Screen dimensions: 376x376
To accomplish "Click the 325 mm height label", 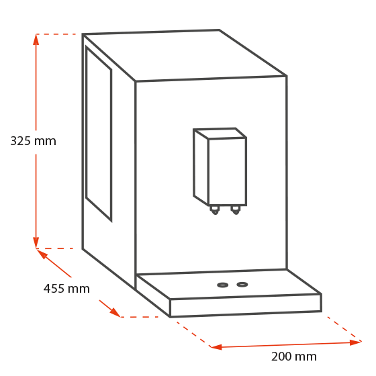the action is click(x=33, y=141).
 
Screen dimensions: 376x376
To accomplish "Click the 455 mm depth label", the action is click(x=66, y=289).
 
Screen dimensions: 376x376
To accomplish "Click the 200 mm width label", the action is click(x=294, y=357).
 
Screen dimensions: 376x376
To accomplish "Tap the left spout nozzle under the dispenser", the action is click(x=215, y=210).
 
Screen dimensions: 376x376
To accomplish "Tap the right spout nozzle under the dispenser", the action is click(x=236, y=210).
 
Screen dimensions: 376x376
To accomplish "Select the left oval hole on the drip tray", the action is click(x=222, y=285).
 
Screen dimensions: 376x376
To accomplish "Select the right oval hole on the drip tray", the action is click(x=242, y=285).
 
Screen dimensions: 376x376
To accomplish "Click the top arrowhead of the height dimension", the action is click(x=36, y=40).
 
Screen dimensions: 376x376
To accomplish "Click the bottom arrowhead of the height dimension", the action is click(x=36, y=243).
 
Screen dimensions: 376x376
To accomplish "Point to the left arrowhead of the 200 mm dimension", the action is click(x=216, y=346).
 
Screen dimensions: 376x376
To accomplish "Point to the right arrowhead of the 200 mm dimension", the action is click(x=355, y=342).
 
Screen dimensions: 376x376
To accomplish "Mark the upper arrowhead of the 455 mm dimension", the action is click(x=41, y=254).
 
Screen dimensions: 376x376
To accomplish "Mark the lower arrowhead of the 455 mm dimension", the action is click(x=115, y=312).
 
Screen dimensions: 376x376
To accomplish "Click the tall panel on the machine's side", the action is click(x=99, y=134).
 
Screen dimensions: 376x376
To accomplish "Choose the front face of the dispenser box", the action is click(x=228, y=172).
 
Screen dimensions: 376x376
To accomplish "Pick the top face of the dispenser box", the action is click(x=220, y=134).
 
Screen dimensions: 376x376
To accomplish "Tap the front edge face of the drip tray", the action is click(x=246, y=305).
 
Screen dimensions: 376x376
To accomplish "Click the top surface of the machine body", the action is click(x=185, y=56).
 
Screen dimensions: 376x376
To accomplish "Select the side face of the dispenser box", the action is click(x=201, y=167).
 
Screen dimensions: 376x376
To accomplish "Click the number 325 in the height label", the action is click(x=20, y=141).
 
